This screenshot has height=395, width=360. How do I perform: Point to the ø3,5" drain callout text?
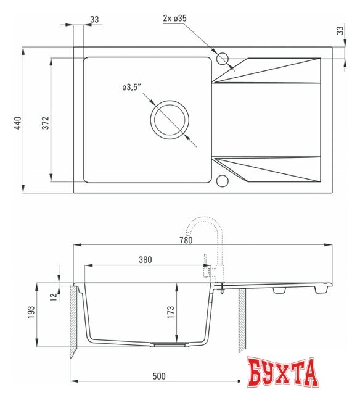point(132,88)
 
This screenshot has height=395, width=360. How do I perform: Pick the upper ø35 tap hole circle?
point(223,59)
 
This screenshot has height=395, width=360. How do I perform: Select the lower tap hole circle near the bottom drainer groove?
point(223,181)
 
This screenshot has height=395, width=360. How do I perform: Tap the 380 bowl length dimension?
point(145,260)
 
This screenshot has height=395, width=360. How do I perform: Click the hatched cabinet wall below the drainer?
point(242,321)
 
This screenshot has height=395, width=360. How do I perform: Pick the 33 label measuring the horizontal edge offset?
point(94,20)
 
